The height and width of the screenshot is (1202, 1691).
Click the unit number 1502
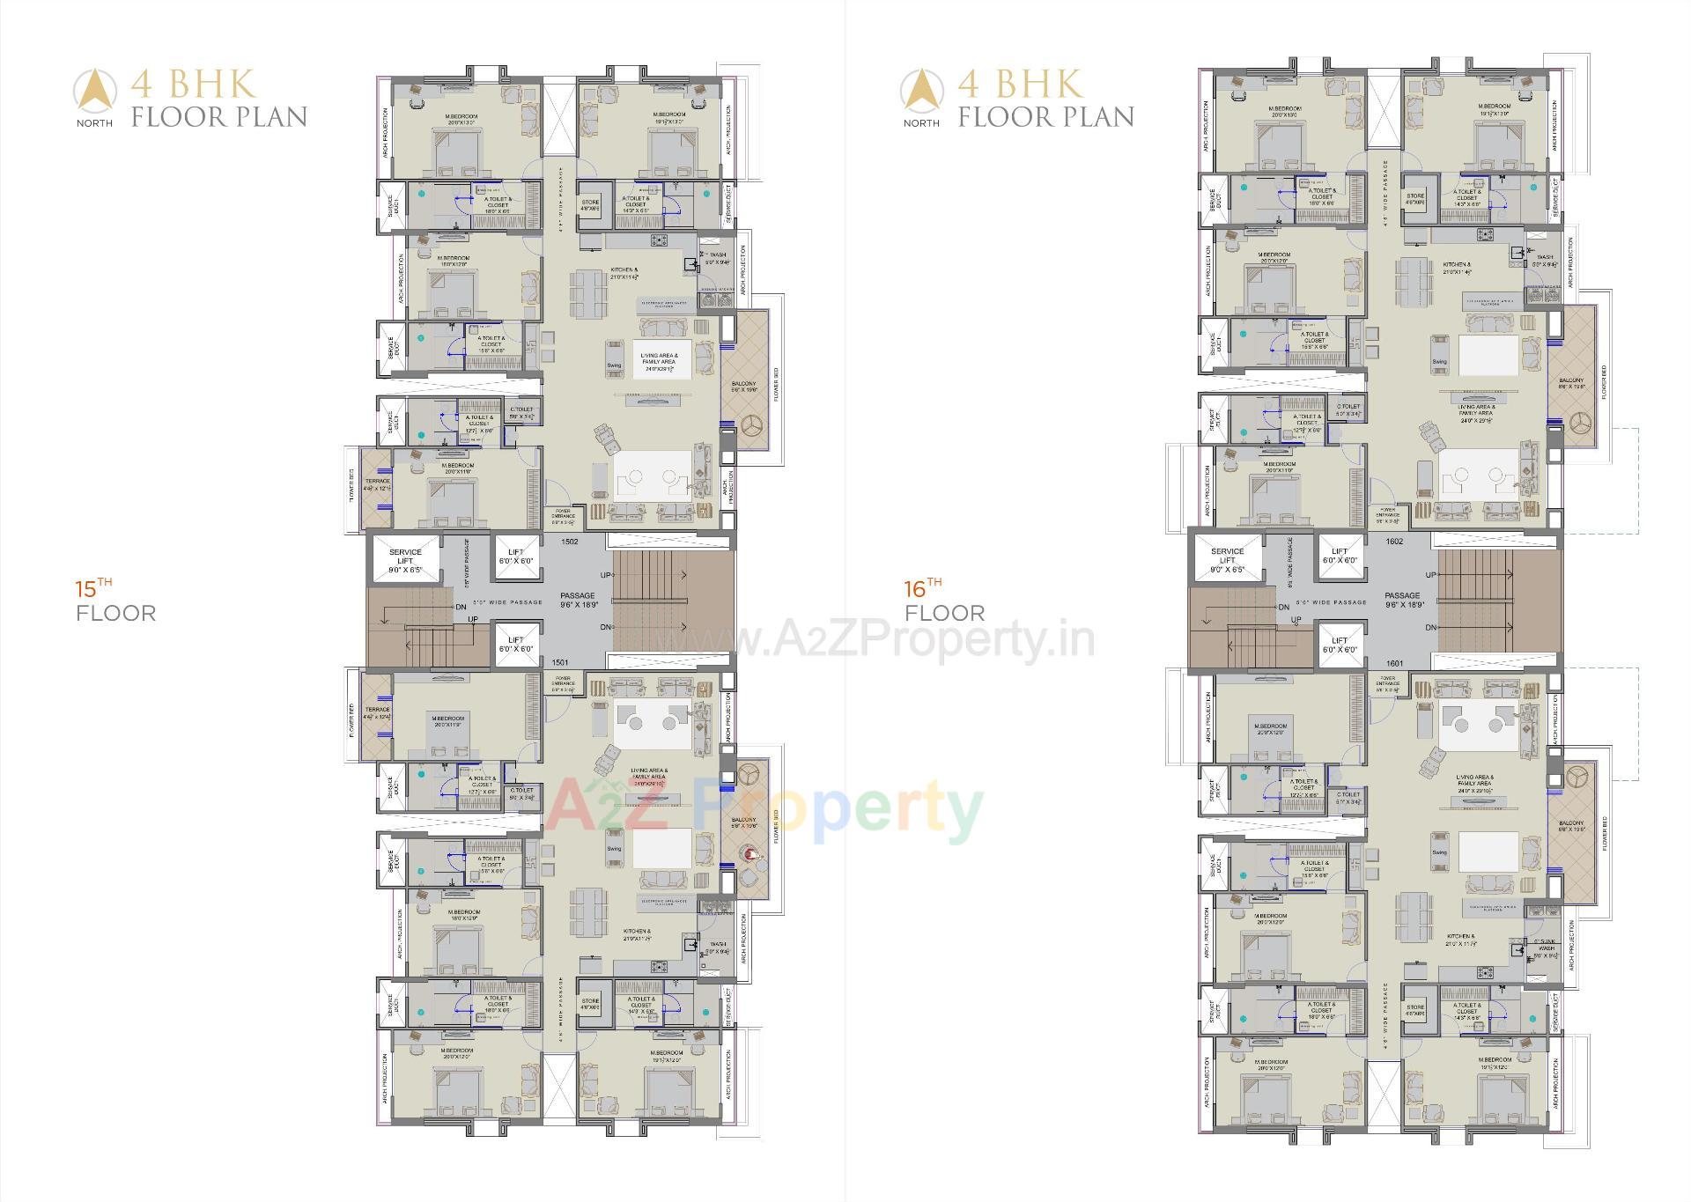point(569,542)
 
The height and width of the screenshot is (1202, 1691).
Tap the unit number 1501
point(560,662)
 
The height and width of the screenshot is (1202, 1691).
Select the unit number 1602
point(1394,542)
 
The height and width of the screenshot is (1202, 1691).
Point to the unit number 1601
point(1394,663)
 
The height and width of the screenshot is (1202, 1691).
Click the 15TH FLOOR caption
point(115,601)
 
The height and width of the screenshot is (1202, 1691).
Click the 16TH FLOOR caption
point(945,601)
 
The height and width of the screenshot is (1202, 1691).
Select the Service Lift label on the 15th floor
point(405,560)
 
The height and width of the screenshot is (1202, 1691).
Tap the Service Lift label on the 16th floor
point(1227,560)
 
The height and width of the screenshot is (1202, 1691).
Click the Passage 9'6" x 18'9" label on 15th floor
point(578,601)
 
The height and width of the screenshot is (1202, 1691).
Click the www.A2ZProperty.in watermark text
point(890,638)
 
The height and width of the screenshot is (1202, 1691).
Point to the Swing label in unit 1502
point(614,365)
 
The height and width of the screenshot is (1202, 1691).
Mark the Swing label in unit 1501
point(614,849)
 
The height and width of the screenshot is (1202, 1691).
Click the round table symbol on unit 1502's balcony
point(751,426)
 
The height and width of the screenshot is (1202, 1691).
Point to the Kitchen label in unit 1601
point(1460,940)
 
